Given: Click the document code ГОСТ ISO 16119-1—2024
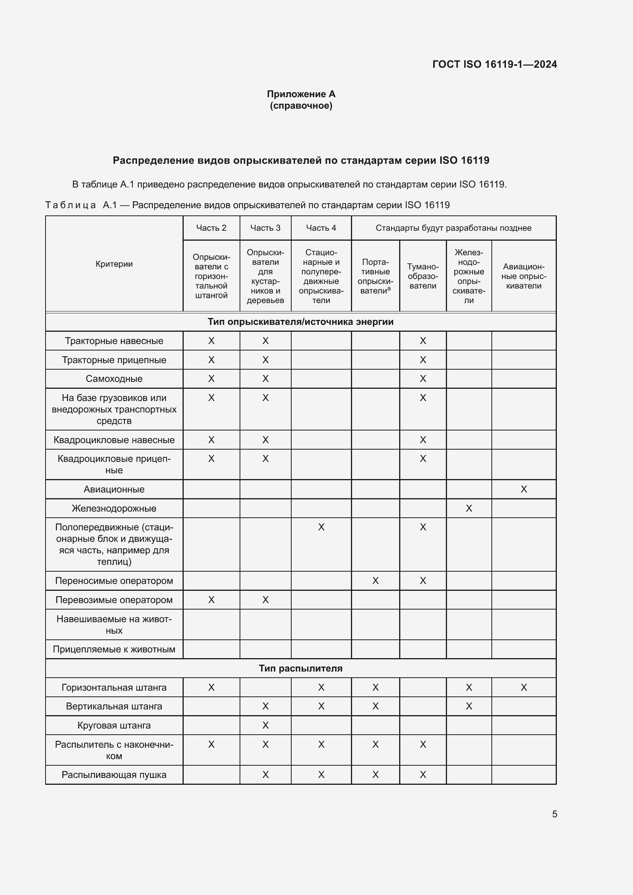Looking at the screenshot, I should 494,64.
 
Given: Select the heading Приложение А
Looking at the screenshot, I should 301,94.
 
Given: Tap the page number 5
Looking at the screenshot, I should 554,814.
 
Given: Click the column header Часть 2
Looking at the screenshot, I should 211,228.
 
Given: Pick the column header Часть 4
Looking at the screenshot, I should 321,228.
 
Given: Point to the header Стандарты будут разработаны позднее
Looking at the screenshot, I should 453,228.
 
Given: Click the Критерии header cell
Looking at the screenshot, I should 114,264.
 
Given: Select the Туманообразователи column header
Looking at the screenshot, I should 423,276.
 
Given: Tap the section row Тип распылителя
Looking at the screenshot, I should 300,668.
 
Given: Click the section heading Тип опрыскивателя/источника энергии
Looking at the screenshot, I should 300,321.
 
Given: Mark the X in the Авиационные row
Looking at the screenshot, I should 524,489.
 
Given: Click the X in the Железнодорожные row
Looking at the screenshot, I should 468,508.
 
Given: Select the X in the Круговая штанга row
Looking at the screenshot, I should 265,725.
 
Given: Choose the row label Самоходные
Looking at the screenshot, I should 114,378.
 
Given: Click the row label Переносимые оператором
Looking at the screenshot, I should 114,581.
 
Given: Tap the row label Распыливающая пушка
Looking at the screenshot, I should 114,774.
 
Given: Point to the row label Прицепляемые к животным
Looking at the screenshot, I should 114,649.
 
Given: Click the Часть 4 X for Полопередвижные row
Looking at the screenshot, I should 321,527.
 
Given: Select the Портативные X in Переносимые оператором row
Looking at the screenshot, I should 375,581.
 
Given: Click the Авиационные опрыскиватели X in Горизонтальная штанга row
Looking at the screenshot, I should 524,687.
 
